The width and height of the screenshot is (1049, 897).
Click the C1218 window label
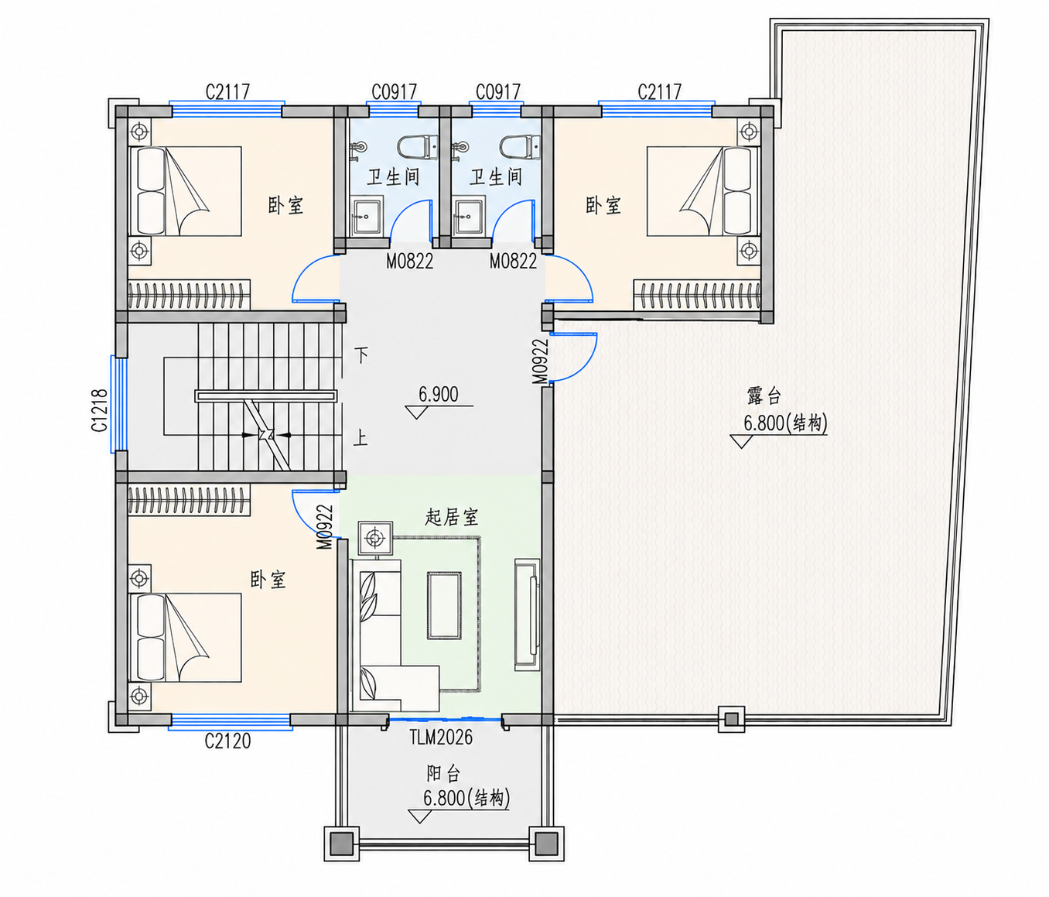100,410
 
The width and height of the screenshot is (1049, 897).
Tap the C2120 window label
227,741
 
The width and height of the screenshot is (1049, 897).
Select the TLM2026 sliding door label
441,737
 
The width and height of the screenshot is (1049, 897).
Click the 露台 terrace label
764,396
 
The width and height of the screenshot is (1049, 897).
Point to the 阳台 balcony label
443,774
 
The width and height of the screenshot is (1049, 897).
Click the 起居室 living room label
451,517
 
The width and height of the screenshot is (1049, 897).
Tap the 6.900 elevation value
439,394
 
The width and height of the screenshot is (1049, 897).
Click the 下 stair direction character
360,354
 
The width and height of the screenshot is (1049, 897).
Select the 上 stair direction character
360,437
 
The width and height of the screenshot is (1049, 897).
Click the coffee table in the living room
444,606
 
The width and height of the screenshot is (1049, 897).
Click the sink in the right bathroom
470,216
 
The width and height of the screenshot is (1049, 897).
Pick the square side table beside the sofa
375,538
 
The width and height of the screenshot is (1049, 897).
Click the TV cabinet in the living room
528,615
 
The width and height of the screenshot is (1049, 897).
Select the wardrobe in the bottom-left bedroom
189,500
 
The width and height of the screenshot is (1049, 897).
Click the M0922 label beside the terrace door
541,361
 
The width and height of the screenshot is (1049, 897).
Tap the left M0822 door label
409,261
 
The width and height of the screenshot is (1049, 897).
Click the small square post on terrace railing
731,719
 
